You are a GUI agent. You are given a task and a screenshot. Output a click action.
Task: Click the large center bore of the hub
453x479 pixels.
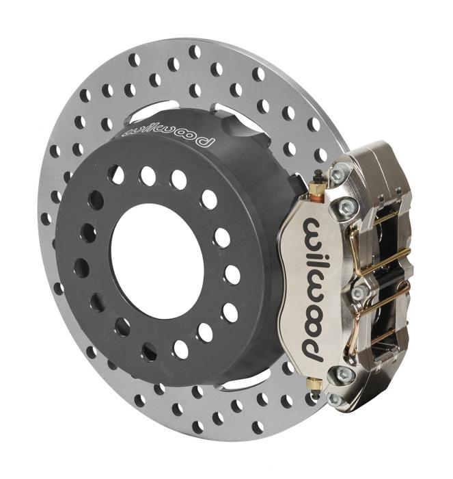click(x=157, y=261)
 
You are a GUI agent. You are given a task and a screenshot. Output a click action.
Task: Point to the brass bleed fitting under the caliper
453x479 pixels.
click(x=315, y=385)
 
